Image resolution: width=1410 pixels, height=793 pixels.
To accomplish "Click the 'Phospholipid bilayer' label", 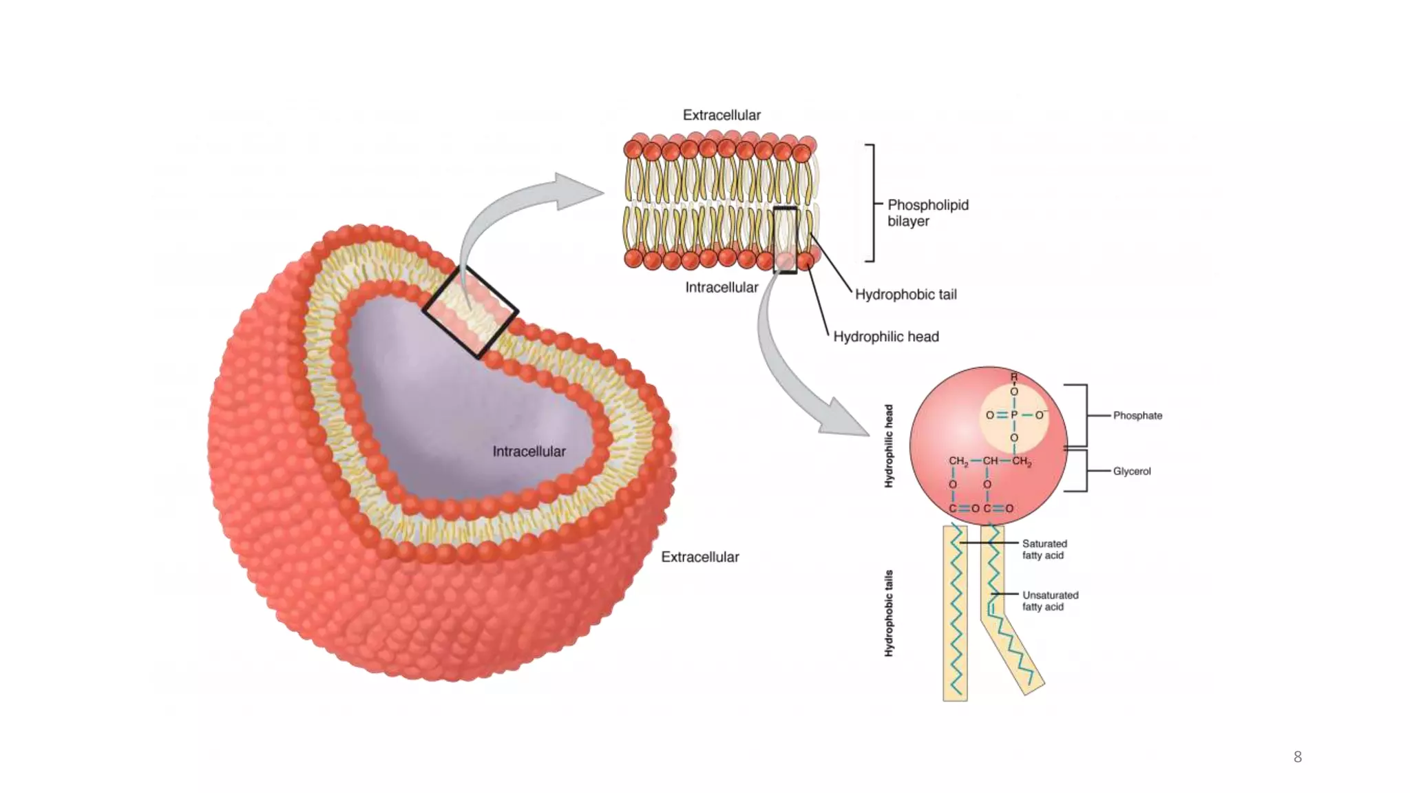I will pyautogui.click(x=927, y=213).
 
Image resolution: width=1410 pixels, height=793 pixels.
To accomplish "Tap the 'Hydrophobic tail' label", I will pyautogui.click(x=905, y=295).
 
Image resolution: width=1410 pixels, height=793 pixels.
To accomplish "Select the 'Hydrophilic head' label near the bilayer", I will pyautogui.click(x=885, y=337).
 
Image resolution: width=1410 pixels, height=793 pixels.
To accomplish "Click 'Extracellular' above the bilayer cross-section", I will pyautogui.click(x=722, y=115).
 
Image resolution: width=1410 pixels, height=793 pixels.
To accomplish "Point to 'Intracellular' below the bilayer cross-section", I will pyautogui.click(x=722, y=287).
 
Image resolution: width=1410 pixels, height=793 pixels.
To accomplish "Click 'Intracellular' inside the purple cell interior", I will pyautogui.click(x=529, y=452).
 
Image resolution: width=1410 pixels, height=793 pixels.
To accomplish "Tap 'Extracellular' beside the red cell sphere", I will pyautogui.click(x=699, y=557).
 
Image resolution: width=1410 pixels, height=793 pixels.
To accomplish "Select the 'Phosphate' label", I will pyautogui.click(x=1137, y=416).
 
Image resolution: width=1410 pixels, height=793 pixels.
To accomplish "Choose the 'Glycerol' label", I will pyautogui.click(x=1132, y=472).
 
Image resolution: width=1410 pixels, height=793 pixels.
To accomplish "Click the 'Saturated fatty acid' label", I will pyautogui.click(x=1044, y=549).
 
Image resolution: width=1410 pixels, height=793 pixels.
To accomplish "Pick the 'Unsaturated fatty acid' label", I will pyautogui.click(x=1050, y=601).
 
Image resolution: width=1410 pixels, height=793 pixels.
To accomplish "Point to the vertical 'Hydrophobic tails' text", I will pyautogui.click(x=889, y=613).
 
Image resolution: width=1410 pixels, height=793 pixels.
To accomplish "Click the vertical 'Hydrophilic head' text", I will pyautogui.click(x=889, y=446).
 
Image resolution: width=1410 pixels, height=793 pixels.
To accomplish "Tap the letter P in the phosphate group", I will pyautogui.click(x=1014, y=415).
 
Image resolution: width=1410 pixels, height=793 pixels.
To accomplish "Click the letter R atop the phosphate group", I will pyautogui.click(x=1014, y=377).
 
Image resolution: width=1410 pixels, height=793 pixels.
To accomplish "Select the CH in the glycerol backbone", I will pyautogui.click(x=990, y=461).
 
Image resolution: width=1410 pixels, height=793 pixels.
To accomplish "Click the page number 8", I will pyautogui.click(x=1297, y=757).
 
